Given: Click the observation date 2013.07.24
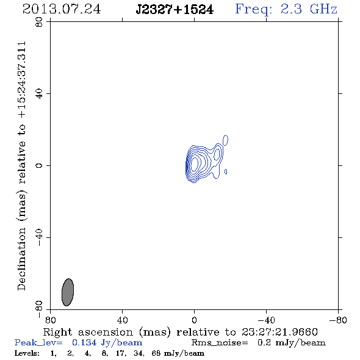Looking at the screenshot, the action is pos(62,9).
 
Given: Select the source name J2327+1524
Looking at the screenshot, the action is pos(175,10).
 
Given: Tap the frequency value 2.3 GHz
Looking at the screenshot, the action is pos(309,9).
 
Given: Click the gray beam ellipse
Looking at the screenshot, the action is pos(68,292).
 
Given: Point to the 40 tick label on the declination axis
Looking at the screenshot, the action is pos(39,94).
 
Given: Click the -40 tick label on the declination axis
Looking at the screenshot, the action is pos(39,237).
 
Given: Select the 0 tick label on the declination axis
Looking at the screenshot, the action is pos(39,165).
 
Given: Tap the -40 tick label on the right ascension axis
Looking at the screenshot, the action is pos(266,320).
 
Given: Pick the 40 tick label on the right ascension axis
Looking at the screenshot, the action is pos(122,320).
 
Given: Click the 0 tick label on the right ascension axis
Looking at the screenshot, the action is pos(194,320).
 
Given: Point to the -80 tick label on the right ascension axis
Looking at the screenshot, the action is pos(338,320).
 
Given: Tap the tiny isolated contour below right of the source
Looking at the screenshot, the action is pos(226,171).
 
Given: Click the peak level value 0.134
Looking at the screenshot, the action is pos(84,342).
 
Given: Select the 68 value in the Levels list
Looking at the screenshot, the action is pos(156,353).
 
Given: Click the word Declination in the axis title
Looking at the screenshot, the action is pos(21,259).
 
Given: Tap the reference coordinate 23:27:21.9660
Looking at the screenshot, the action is pos(279,332).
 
